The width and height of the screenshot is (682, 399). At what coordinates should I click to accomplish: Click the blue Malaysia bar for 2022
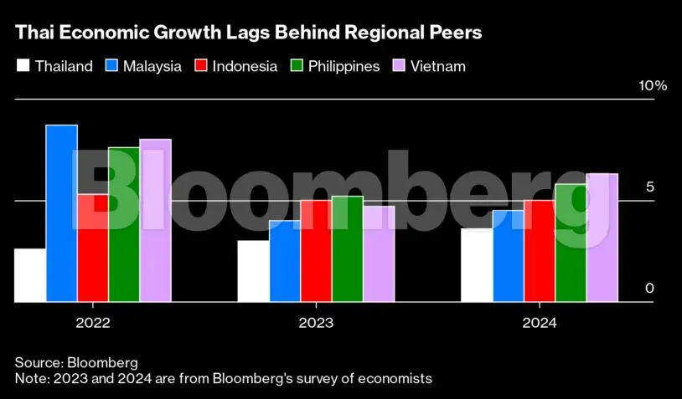tap(61, 213)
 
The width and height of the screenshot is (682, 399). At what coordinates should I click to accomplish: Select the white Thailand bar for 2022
tap(30, 275)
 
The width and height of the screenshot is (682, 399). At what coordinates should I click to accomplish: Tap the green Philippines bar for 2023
tap(347, 248)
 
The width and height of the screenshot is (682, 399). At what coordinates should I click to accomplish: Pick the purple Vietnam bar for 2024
tap(602, 238)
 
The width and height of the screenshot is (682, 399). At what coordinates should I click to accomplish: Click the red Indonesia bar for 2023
tap(316, 251)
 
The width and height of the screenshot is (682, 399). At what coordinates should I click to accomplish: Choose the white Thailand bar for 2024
tap(476, 265)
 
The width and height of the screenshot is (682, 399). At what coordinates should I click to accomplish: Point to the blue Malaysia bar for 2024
tap(508, 256)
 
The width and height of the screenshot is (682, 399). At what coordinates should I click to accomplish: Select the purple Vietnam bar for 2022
tap(155, 220)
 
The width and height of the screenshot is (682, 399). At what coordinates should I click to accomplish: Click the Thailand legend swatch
tap(23, 66)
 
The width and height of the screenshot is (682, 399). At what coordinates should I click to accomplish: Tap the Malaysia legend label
tap(152, 66)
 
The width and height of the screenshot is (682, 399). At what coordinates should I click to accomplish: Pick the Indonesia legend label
tap(245, 66)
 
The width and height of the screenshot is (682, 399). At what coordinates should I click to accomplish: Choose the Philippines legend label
tap(344, 66)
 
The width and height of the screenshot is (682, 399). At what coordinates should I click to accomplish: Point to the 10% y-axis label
tap(652, 86)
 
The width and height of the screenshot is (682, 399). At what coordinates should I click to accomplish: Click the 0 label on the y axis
tap(648, 289)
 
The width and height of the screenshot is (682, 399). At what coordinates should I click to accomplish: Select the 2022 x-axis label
tap(92, 322)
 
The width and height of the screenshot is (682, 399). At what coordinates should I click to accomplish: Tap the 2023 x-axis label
tap(316, 322)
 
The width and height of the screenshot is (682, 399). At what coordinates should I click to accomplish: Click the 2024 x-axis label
tap(539, 322)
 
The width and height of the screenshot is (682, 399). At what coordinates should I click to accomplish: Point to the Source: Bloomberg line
tap(76, 362)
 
